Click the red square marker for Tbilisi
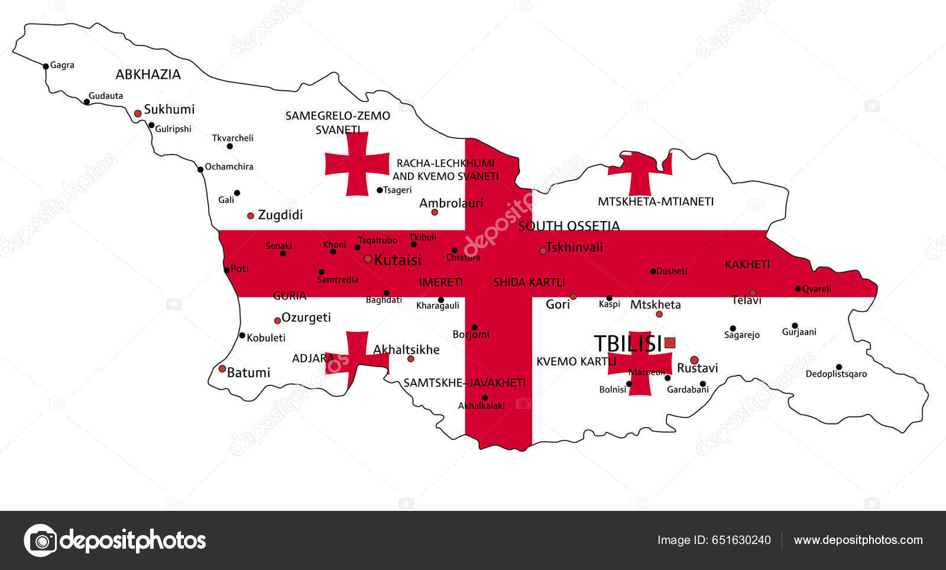click(x=669, y=342)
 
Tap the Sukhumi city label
click(x=169, y=109)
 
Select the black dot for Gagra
click(x=46, y=66)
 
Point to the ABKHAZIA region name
click(x=148, y=75)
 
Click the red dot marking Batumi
click(x=222, y=368)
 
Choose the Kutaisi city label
click(x=398, y=260)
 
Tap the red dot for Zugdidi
click(x=251, y=216)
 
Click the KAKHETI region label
click(x=747, y=264)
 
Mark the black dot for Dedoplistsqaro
click(x=838, y=367)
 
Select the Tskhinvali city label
click(x=574, y=247)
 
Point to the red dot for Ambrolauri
click(x=435, y=212)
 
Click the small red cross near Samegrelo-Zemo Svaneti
click(x=357, y=164)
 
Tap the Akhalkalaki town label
click(x=481, y=406)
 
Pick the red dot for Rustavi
click(x=694, y=360)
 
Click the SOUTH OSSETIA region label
click(x=569, y=226)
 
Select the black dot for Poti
click(x=226, y=270)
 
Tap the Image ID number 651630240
click(x=741, y=540)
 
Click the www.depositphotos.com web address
click(x=858, y=540)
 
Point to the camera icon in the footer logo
click(x=41, y=540)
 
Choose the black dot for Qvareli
click(x=798, y=289)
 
